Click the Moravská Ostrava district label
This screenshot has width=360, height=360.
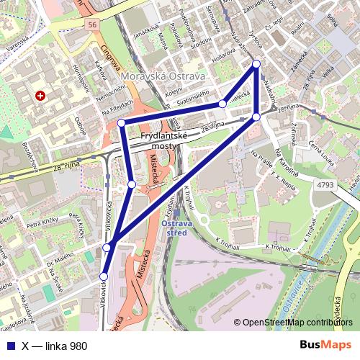pos(163,76)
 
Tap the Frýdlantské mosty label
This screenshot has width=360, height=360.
pos(163,140)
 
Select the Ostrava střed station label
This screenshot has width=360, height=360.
pos(177,228)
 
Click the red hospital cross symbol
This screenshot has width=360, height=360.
pos(40,95)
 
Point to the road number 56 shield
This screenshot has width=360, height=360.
pos(91,24)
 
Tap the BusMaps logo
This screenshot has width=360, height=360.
pos(325,346)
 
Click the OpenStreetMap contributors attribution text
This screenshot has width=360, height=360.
pos(297,323)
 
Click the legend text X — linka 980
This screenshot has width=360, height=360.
pos(55,346)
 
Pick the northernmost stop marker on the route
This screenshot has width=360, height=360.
pos(256,64)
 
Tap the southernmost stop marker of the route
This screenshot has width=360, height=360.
pos(104,276)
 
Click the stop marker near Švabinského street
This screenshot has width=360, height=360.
pos(222,104)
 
